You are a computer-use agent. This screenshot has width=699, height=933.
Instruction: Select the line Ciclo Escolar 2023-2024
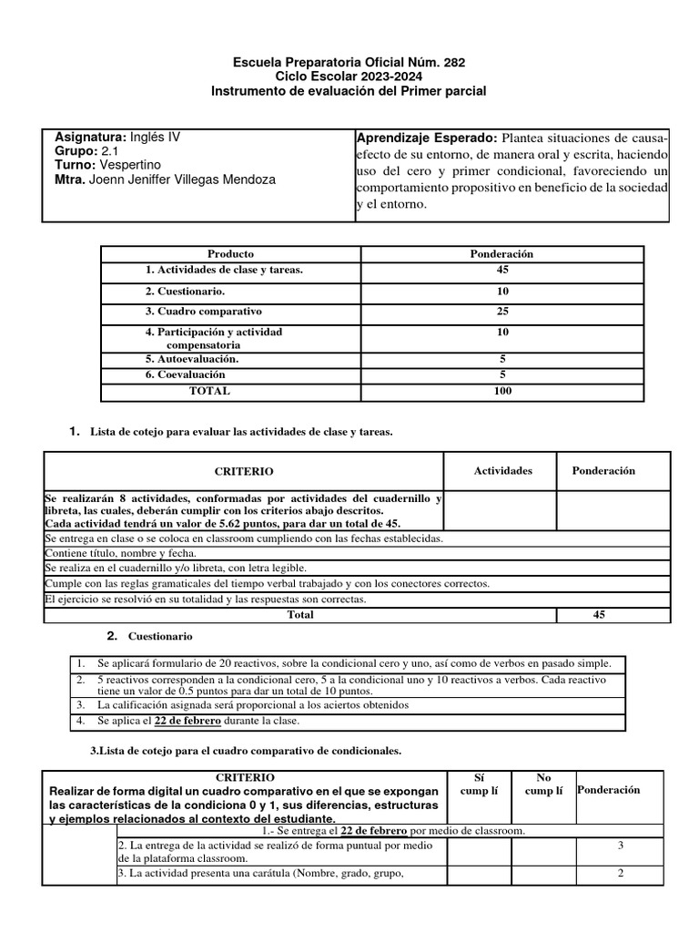tap(349, 77)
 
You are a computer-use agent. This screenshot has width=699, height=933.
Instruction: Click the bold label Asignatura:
tap(86, 137)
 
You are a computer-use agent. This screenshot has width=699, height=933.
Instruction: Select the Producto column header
tap(230, 254)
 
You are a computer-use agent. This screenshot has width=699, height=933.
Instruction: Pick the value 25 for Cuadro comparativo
tap(502, 312)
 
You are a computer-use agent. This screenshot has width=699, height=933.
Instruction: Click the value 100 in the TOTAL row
tap(501, 391)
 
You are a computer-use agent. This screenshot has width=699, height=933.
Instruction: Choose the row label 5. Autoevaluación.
tap(191, 359)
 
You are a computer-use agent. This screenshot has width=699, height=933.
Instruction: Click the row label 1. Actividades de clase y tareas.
tap(223, 271)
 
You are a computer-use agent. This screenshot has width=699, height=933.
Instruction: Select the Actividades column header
tap(502, 471)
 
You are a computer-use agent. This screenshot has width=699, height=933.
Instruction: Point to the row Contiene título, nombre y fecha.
tap(120, 554)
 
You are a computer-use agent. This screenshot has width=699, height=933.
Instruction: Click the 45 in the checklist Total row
tap(598, 615)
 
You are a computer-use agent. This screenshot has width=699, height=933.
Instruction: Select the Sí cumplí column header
tap(479, 784)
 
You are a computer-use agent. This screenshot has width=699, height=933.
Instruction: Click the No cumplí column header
tap(544, 784)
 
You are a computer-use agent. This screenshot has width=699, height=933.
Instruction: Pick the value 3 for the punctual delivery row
tap(620, 846)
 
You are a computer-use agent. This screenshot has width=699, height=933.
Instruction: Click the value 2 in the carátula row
tap(620, 874)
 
